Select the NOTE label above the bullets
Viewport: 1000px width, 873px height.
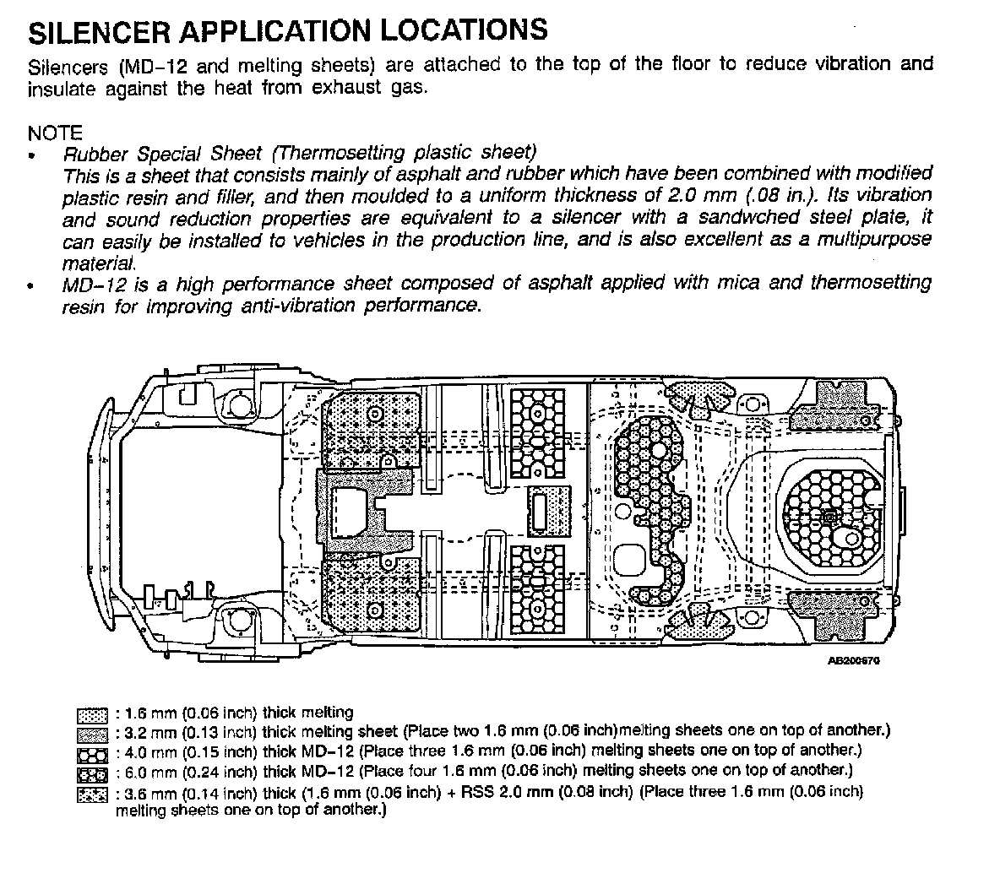click(x=55, y=133)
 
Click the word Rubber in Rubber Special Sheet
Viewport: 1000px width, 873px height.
click(x=95, y=155)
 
